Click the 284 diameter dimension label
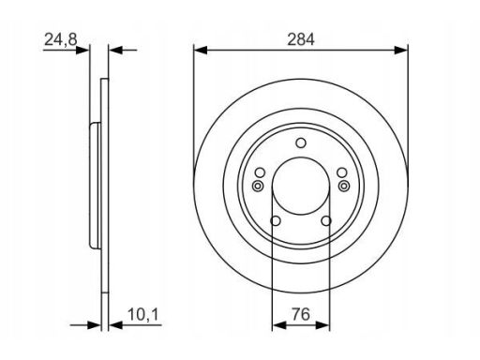point(301,40)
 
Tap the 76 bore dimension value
point(301,314)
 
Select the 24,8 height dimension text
point(60,40)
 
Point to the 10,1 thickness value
point(143,315)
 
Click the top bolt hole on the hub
point(301,142)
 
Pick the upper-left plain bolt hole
point(260,172)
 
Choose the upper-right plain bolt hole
point(342,172)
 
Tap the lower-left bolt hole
point(276,221)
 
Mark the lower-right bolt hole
point(326,221)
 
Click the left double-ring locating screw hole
point(258,187)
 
